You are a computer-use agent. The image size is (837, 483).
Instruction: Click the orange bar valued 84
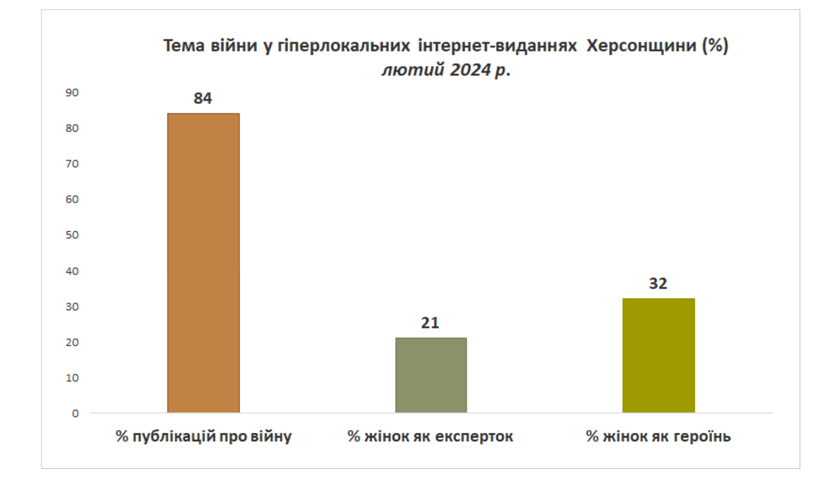[x=203, y=263]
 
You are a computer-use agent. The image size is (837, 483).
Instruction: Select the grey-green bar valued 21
[x=430, y=375]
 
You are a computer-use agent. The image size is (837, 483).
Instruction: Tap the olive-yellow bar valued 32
[x=658, y=355]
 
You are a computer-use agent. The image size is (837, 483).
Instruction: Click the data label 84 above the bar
[x=203, y=98]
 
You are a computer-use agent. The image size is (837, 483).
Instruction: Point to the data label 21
[x=430, y=322]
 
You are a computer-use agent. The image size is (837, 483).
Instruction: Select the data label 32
[x=658, y=283]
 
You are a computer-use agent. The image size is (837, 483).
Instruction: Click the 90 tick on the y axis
[x=72, y=93]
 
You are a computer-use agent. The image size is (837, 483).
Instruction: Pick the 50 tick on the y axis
[x=72, y=235]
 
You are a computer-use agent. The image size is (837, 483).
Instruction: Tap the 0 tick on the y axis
[x=76, y=414]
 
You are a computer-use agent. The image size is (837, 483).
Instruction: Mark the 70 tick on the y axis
[x=72, y=164]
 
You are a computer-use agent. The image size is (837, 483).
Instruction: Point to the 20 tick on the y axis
[x=72, y=342]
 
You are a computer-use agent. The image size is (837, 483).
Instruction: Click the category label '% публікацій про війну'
[x=203, y=436]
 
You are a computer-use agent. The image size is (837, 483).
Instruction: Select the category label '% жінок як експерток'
[x=430, y=436]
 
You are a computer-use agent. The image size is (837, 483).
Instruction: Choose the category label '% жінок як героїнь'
[x=658, y=436]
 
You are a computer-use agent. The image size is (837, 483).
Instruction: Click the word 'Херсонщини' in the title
[x=641, y=46]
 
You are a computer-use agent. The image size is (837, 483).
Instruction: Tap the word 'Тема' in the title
[x=183, y=46]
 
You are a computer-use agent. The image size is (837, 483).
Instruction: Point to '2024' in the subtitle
[x=470, y=70]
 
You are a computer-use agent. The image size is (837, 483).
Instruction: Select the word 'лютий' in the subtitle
[x=413, y=70]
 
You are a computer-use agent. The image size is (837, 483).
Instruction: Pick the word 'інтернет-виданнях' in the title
[x=498, y=46]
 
